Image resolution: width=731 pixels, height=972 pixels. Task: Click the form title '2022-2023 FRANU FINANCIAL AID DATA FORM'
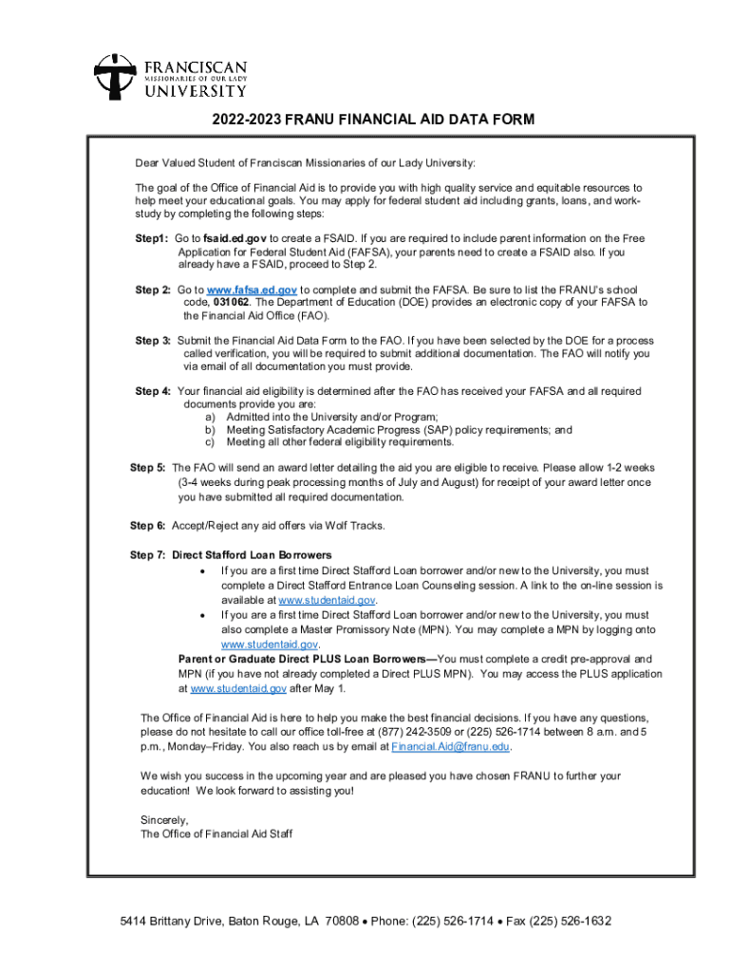coord(373,121)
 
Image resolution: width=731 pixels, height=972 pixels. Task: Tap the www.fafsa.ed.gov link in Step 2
coord(252,290)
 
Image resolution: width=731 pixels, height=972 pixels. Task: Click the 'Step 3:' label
coord(153,341)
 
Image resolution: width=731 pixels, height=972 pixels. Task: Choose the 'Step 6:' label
coord(147,525)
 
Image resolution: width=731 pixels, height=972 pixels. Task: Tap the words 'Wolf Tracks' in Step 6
coord(358,525)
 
